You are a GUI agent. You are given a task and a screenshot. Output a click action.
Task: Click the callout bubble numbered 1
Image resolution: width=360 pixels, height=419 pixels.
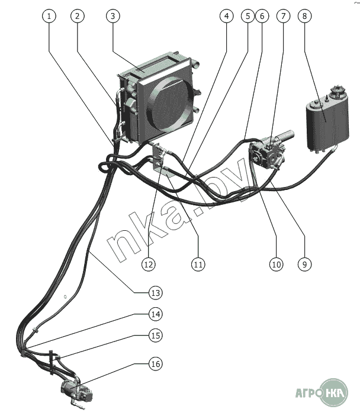pos(50,17)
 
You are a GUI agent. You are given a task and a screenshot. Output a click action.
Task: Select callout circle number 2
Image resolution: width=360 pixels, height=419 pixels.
pos(77,17)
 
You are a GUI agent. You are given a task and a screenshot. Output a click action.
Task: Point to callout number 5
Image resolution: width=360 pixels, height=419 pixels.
pos(247,17)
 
